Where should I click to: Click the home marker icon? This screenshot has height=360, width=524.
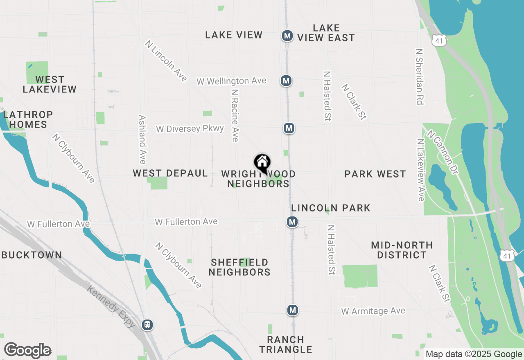pos(262,162)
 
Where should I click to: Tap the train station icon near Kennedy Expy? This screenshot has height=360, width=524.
pos(147,325)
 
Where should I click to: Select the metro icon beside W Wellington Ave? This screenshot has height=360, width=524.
pos(287,81)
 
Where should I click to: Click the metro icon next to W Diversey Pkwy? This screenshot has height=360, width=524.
pos(289,128)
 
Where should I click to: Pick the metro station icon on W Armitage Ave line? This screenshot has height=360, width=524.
pos(292,310)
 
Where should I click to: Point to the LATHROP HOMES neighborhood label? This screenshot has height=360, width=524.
pos(28,119)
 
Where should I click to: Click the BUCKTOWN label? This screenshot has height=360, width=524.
pos(32,255)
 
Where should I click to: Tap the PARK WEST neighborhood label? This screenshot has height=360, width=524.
pos(375,174)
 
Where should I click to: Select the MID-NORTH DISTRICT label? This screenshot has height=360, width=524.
pos(402,250)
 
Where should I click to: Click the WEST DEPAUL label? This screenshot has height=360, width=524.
pos(170,173)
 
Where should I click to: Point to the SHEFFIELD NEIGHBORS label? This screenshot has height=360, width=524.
pos(239,267)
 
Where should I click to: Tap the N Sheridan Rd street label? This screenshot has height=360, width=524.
pos(419,77)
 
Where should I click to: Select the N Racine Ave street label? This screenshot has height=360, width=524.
pos(235,116)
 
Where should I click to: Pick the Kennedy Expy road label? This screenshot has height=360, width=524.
pos(111,306)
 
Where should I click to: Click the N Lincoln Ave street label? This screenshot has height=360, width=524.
pos(166,61)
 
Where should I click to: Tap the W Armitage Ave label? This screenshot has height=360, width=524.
pos(373,311)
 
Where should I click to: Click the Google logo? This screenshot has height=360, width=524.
pos(27,350)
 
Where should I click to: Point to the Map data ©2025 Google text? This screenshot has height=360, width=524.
pos(474,354)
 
